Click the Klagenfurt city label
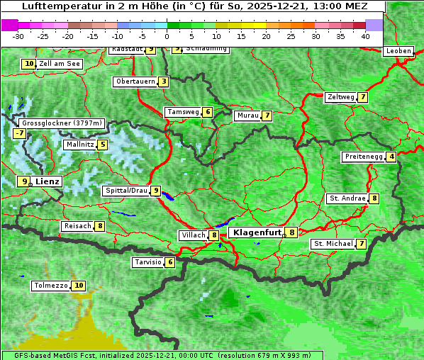click(x=256, y=232)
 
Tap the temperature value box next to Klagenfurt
click(x=291, y=232)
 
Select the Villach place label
click(x=193, y=235)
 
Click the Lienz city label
click(x=48, y=181)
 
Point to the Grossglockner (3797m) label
click(x=62, y=123)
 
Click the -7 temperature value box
click(x=19, y=133)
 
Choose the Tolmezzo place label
click(x=50, y=286)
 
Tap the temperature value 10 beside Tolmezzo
click(x=78, y=286)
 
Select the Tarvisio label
click(x=148, y=262)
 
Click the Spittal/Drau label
click(x=126, y=191)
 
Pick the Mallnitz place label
click(x=79, y=145)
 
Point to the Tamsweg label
click(x=182, y=112)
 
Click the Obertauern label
click(x=135, y=81)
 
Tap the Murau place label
click(x=247, y=116)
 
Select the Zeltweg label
click(x=340, y=97)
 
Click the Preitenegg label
click(x=364, y=157)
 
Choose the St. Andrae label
click(x=347, y=198)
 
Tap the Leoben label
click(x=398, y=51)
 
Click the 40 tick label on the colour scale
click(x=365, y=36)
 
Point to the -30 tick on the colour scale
click(x=18, y=36)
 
